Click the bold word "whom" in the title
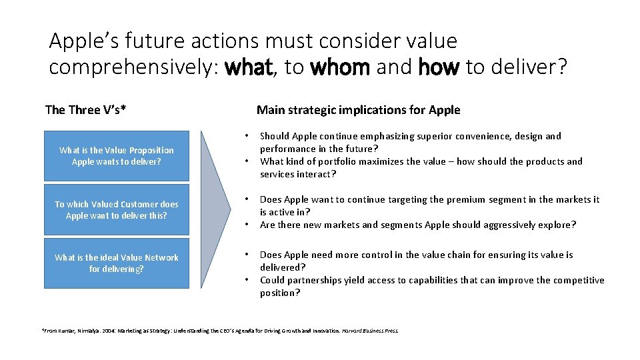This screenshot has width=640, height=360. pos(340,68)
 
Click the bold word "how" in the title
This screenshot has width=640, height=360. pos(439,68)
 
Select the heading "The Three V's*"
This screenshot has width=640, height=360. pos(85,110)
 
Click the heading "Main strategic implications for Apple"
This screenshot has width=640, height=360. pos(358,110)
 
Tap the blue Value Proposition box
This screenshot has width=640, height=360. pos(116,156)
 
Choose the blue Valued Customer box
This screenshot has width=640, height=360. pos(116,210)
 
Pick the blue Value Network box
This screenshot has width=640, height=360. pos(116,263)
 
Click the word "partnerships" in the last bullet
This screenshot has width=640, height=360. pos(319,280)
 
